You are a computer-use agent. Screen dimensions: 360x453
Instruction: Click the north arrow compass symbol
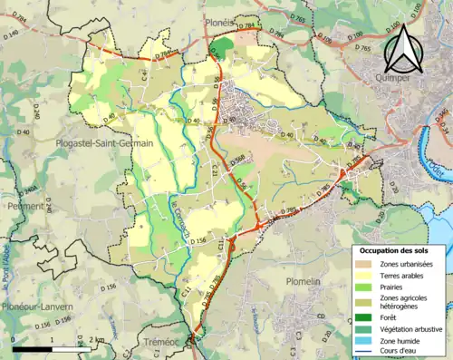coord(404,49)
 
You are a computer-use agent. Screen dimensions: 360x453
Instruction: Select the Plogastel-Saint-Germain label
coord(103,143)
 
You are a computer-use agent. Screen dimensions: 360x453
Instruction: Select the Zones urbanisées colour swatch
coord(362,263)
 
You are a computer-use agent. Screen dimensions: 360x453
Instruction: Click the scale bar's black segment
coord(34,349)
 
